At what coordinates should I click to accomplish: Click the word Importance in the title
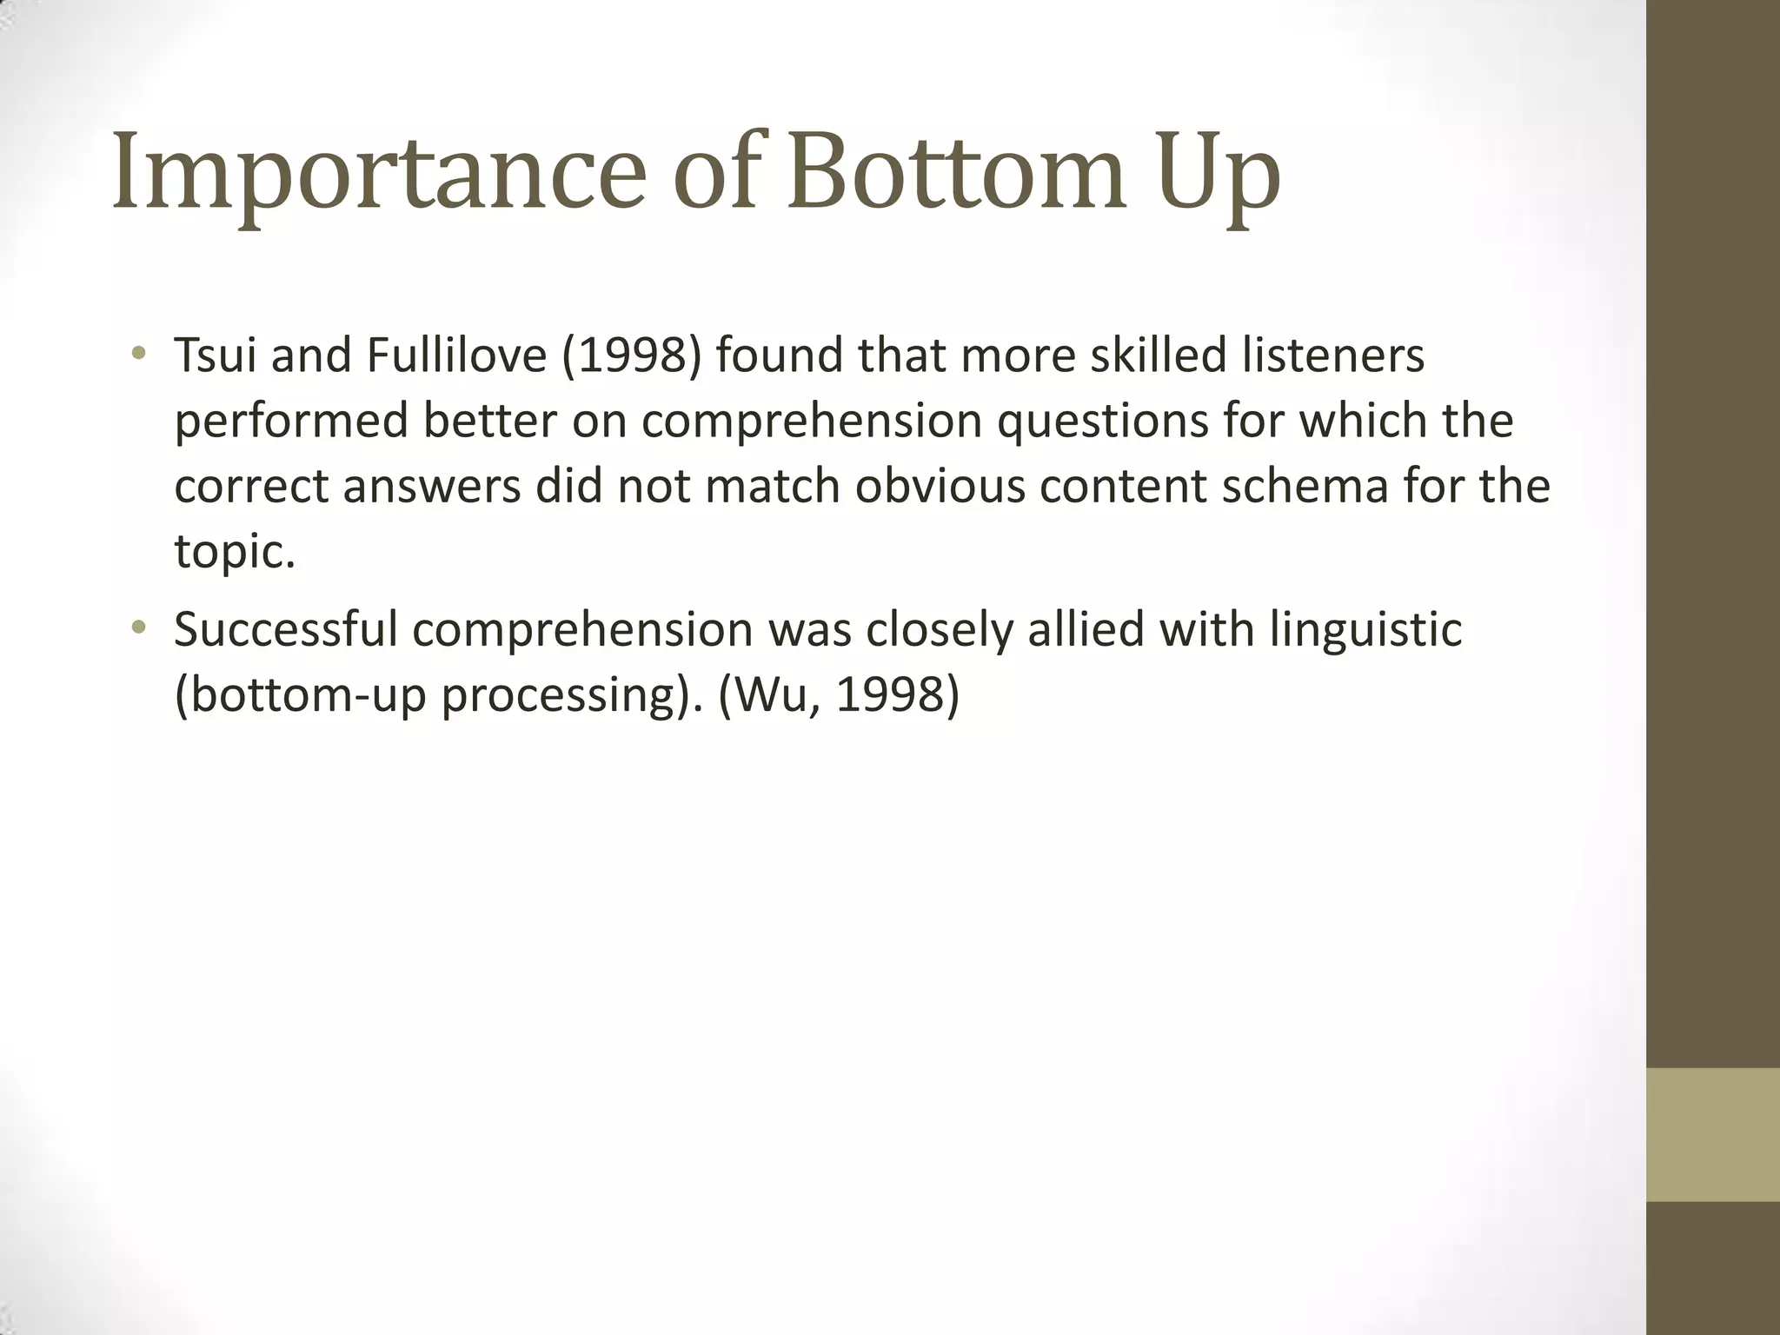point(379,174)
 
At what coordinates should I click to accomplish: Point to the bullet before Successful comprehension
point(137,628)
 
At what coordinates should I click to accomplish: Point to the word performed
point(291,422)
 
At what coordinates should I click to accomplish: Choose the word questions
point(1102,422)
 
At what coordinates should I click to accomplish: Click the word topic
point(229,553)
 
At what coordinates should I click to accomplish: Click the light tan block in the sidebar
point(1713,1134)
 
